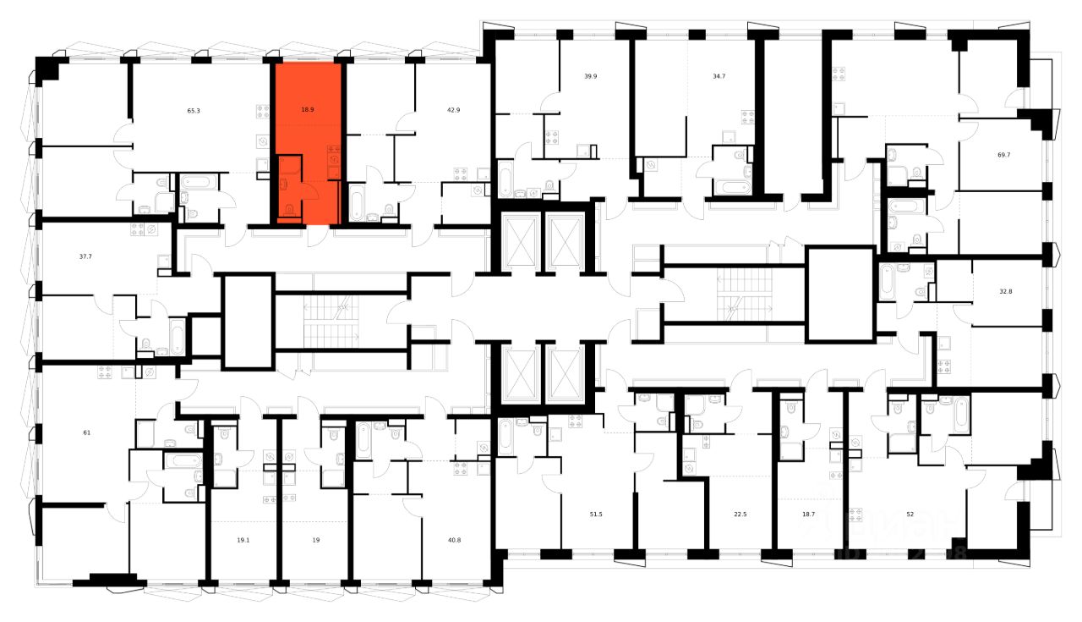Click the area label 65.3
pos(194,110)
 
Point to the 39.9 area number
pos(591,76)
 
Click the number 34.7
pos(719,76)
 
